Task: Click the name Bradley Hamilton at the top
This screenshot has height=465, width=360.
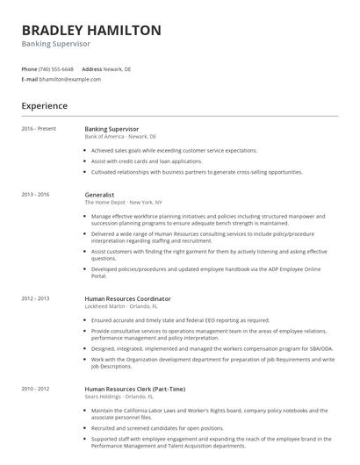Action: point(91,30)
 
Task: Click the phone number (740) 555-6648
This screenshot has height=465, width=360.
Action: point(57,68)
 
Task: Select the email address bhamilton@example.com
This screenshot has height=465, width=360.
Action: point(70,79)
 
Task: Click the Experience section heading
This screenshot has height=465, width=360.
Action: point(44,106)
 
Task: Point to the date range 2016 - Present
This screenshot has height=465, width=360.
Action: point(39,129)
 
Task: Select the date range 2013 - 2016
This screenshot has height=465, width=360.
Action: point(36,194)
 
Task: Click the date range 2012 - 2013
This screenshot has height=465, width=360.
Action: point(36,299)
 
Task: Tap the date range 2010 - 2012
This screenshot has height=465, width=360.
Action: point(36,388)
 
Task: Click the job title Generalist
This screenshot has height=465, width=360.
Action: point(99,194)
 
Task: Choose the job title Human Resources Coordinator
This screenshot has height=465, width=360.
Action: point(127,299)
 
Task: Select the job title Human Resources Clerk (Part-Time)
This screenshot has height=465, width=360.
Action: point(129,388)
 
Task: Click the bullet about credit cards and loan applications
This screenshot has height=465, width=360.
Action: point(146,161)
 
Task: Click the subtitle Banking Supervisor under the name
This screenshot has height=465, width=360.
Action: point(56,44)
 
